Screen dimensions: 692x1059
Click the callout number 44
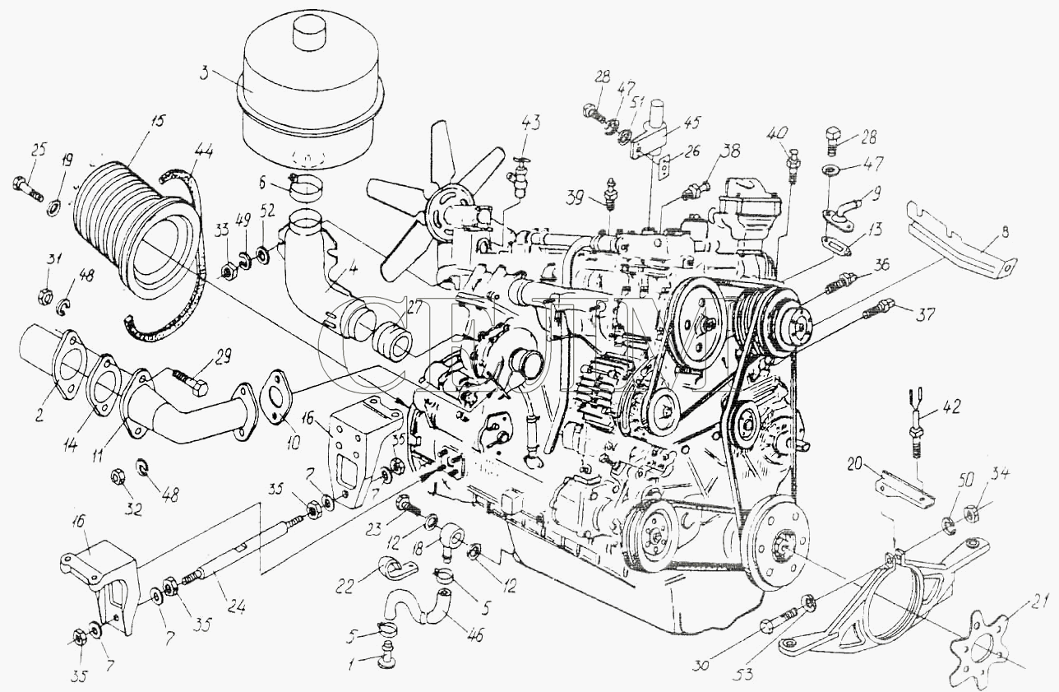(x=203, y=150)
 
